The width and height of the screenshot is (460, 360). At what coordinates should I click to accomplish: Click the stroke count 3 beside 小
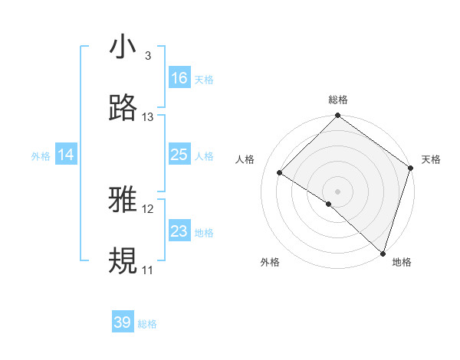coord(147,56)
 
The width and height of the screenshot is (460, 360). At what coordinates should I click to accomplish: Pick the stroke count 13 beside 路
coord(148,117)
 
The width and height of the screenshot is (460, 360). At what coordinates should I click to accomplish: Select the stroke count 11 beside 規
coord(147,270)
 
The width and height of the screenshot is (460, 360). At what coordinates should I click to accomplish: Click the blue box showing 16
coord(179,78)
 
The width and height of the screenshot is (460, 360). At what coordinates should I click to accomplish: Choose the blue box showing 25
coord(179,155)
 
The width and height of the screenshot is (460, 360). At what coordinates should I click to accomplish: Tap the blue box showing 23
coord(179,231)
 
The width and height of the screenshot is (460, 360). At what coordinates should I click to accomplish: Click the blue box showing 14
coord(66,155)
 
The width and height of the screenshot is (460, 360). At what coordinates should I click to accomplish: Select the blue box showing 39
coord(123,322)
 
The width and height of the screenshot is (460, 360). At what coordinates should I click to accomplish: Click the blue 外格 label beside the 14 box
coord(41,155)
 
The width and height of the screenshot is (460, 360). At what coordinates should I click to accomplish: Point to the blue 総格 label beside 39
coord(147,324)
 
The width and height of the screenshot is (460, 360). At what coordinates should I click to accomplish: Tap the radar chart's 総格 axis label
coord(337,100)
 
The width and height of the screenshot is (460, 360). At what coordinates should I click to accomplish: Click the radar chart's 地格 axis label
coord(402,262)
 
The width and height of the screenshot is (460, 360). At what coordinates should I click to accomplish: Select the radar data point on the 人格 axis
coord(280,172)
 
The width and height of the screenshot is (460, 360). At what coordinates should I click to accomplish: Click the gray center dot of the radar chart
coord(337,191)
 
